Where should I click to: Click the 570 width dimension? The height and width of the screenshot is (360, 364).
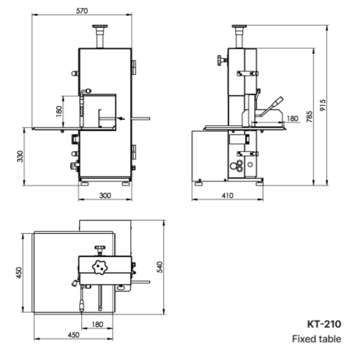(82, 11)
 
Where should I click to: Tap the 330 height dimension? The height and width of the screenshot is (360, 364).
(20, 156)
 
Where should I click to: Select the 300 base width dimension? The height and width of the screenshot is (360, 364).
(105, 195)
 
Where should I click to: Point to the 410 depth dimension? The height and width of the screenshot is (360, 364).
(227, 195)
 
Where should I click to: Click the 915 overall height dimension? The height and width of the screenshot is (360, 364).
(323, 105)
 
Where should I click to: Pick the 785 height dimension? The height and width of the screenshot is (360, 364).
(309, 116)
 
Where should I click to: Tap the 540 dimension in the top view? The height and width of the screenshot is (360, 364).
(160, 267)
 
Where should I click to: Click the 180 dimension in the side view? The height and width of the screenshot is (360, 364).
(292, 118)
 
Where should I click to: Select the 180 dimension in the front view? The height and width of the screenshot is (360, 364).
(59, 111)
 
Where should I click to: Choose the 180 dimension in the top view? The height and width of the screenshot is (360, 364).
(97, 324)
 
